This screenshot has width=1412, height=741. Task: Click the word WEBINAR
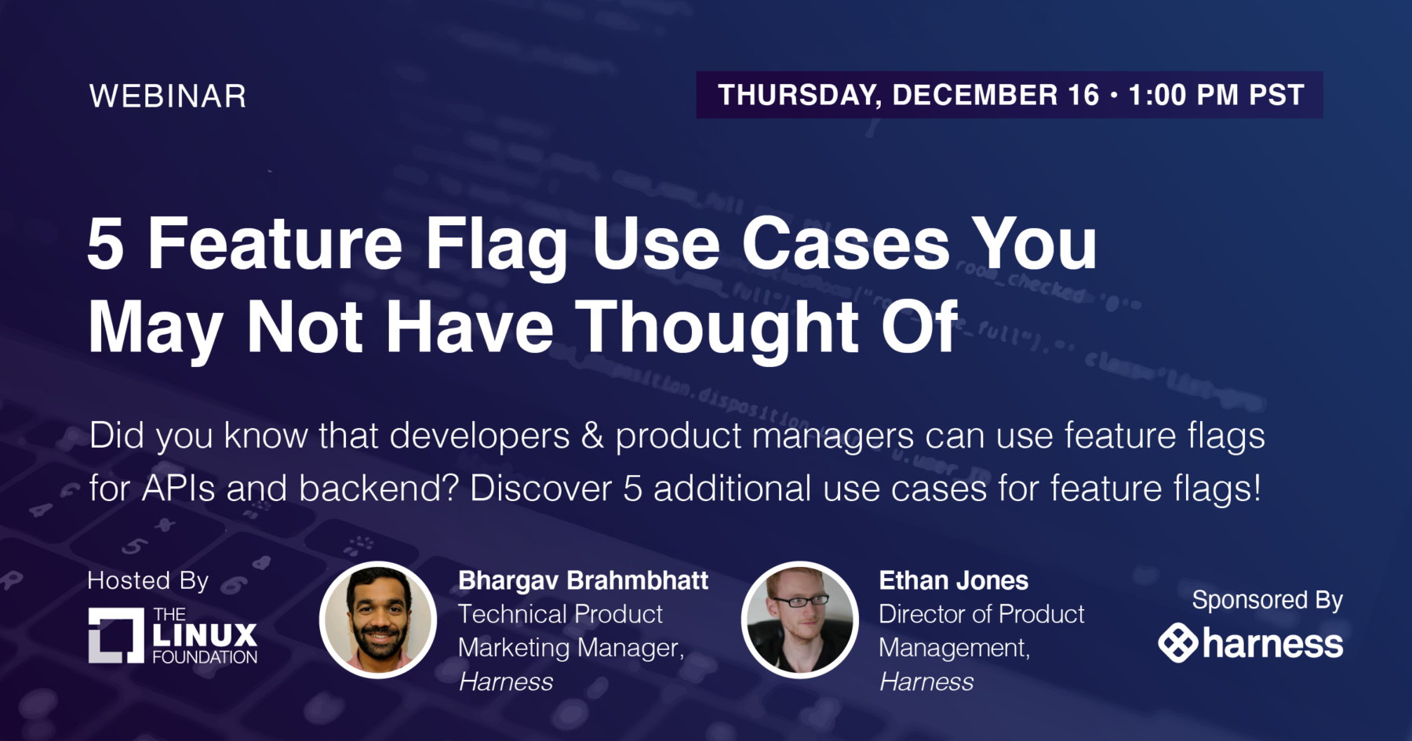168,96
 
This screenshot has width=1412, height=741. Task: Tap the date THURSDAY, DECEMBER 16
908,95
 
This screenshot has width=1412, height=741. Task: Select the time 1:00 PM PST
1216,95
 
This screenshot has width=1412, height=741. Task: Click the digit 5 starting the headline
106,244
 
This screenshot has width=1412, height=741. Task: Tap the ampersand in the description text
592,436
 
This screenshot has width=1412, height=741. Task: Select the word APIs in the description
178,489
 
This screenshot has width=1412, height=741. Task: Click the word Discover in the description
540,489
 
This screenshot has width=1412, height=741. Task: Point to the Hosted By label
148,581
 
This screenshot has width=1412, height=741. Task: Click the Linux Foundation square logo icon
116,635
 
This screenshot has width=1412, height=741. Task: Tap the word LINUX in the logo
205,635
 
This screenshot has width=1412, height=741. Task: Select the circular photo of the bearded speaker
378,619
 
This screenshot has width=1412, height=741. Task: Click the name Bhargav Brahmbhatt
583,580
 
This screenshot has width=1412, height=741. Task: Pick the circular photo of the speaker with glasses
800,619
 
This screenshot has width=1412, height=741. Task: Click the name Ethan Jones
953,580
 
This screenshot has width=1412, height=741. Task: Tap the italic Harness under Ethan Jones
926,682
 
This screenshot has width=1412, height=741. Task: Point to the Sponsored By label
1268,601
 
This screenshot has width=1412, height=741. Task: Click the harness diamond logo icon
1178,643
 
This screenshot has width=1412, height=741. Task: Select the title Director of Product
981,614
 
